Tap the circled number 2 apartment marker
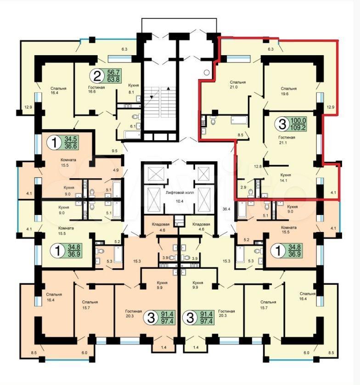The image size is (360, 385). [97, 76]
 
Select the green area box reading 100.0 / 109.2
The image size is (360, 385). [298, 124]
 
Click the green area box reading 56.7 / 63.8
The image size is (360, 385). [113, 76]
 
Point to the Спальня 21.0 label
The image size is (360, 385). [237, 85]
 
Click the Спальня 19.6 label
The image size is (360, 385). [288, 91]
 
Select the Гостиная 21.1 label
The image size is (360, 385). [287, 140]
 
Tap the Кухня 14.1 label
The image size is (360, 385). [286, 177]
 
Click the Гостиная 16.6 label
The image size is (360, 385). [96, 90]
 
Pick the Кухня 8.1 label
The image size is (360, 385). [133, 89]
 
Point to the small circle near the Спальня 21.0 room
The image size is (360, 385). [207, 73]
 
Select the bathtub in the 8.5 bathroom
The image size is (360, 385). [239, 120]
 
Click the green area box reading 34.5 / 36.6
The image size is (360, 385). [71, 142]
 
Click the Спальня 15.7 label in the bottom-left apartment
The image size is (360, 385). [90, 305]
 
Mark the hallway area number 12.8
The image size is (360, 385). [258, 166]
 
